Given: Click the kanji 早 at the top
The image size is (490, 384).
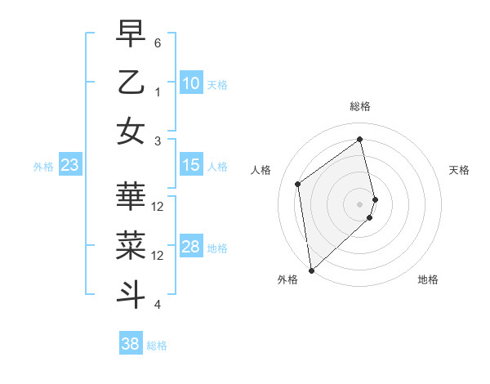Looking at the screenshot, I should pos(131,33).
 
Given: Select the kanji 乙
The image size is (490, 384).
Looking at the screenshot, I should pos(131,83).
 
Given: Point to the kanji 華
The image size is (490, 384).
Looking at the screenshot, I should pos(131,198).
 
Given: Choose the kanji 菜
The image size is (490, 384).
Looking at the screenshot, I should pos(131,246).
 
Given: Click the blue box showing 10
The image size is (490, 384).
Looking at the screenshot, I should pos(190,83).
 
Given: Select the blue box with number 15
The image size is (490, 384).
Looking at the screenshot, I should pos(190,165).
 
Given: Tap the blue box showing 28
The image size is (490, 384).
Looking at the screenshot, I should pos(190,247).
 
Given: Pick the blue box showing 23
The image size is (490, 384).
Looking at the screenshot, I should pos(69,165).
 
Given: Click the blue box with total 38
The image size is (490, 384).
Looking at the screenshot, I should pos(130,344).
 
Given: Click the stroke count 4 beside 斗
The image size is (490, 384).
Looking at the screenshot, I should pos(158,305).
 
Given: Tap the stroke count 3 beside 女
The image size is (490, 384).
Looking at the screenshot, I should pos(158,141).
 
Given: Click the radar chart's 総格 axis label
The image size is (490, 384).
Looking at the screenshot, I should pos(360,106).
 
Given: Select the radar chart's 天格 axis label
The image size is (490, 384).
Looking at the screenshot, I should pos(460,170).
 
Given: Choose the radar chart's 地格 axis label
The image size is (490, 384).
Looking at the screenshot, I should pos(428,279).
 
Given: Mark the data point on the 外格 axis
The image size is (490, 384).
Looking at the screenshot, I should pos(311,270).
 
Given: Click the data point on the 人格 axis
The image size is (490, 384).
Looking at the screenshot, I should pos(298,184).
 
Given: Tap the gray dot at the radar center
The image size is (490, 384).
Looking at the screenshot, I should pos(360,203).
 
